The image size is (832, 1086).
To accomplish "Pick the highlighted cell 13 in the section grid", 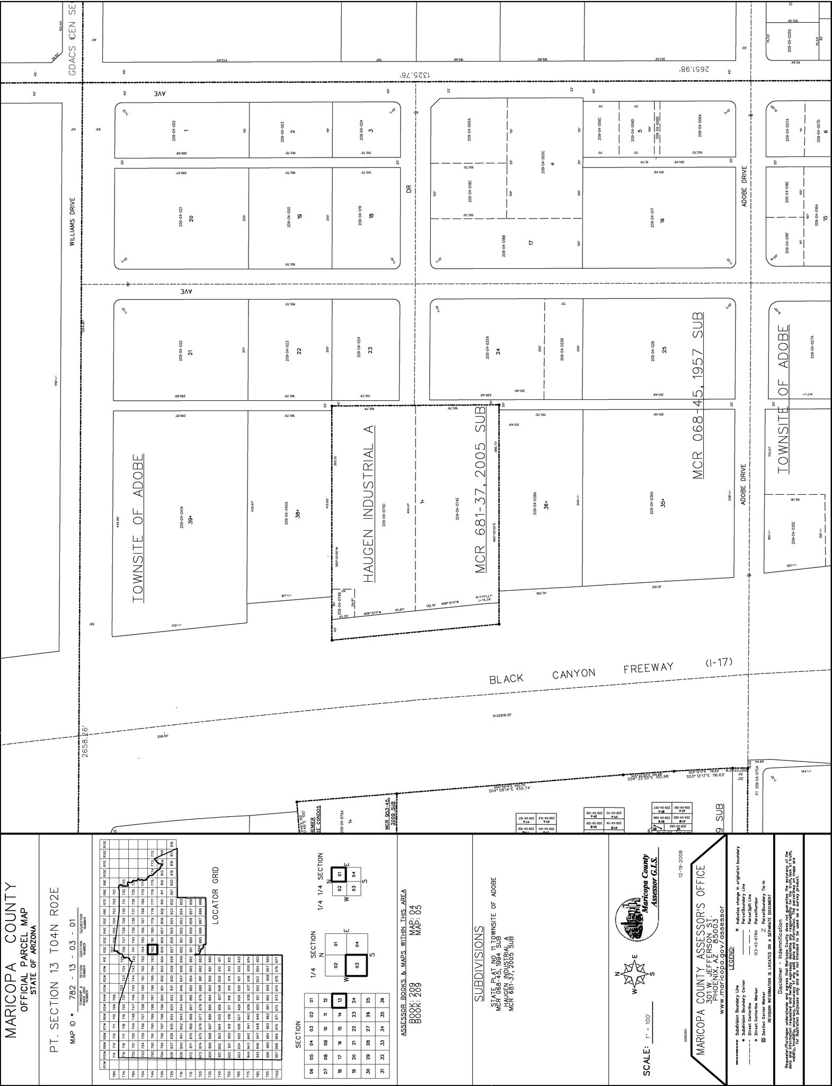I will (x=339, y=1000).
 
